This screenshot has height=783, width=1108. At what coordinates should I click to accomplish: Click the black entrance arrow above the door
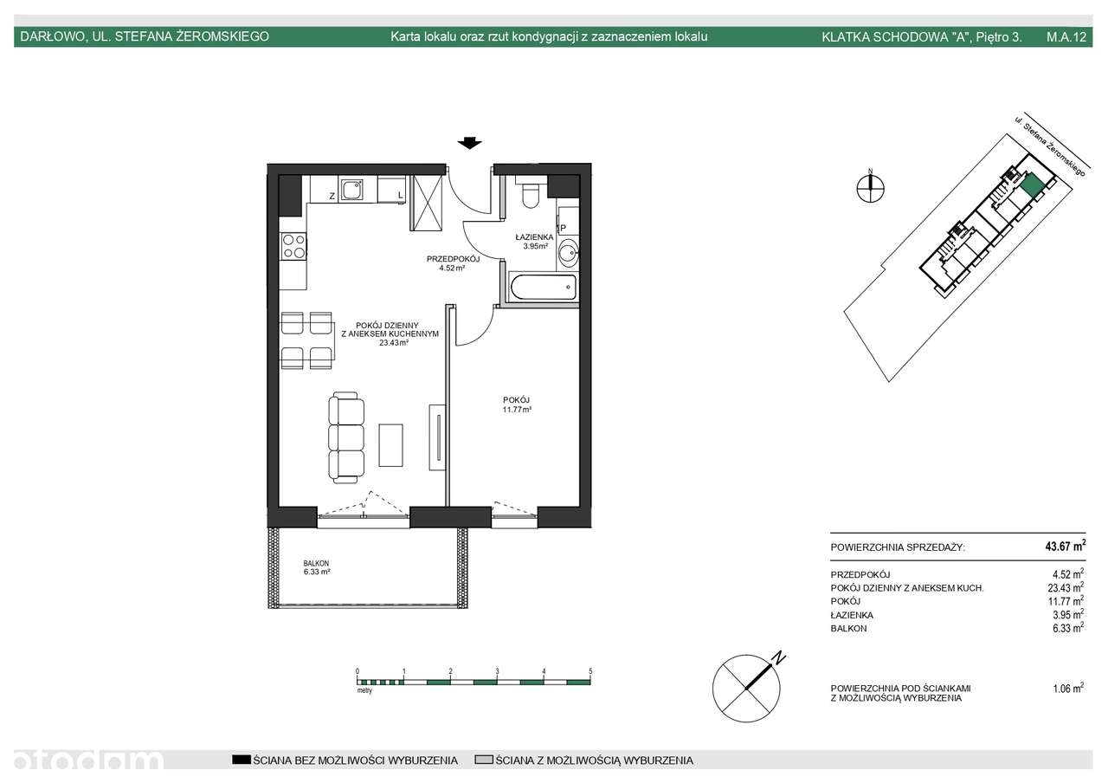pyautogui.click(x=469, y=143)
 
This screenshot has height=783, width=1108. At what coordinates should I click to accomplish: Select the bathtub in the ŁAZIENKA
pyautogui.click(x=543, y=288)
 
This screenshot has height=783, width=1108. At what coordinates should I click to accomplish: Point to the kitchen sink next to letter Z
pyautogui.click(x=351, y=189)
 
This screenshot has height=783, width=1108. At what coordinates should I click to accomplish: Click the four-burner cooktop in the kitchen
pyautogui.click(x=293, y=247)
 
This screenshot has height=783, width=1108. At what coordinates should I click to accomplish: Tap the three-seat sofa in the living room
pyautogui.click(x=345, y=437)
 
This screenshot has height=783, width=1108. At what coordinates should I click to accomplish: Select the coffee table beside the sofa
pyautogui.click(x=390, y=444)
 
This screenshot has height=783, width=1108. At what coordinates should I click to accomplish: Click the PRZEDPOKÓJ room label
pyautogui.click(x=453, y=259)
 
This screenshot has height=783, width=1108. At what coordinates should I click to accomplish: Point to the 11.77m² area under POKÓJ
pyautogui.click(x=517, y=410)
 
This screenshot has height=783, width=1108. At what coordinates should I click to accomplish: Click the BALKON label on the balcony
pyautogui.click(x=316, y=563)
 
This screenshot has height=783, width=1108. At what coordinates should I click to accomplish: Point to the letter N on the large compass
pyautogui.click(x=779, y=658)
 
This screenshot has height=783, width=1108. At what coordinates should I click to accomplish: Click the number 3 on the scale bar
pyautogui.click(x=497, y=671)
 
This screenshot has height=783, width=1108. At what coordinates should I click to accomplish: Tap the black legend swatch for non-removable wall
pyautogui.click(x=242, y=760)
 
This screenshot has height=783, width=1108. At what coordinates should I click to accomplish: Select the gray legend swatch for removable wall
pyautogui.click(x=484, y=760)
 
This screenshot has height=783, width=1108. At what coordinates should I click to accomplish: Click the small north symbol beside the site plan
pyautogui.click(x=871, y=188)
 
